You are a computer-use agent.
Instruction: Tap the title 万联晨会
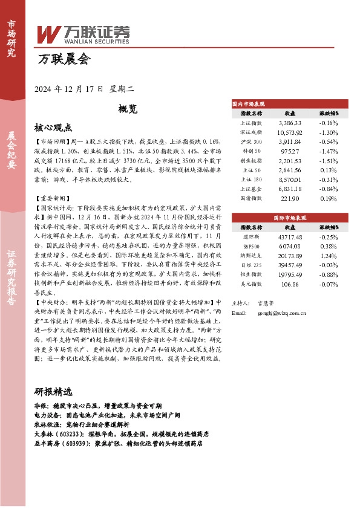pyautogui.click(x=64, y=59)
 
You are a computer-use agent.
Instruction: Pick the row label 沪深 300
pyautogui.click(x=250, y=141)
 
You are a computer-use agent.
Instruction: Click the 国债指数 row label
pyautogui.click(x=250, y=198)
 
